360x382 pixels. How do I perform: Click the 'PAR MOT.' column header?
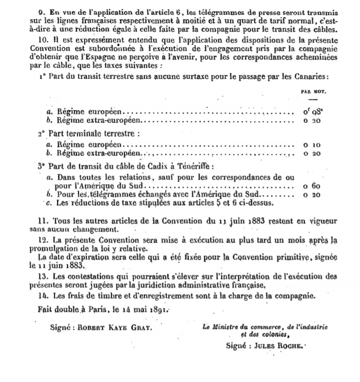coord(314,91)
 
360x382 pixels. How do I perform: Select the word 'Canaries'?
coord(310,77)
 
